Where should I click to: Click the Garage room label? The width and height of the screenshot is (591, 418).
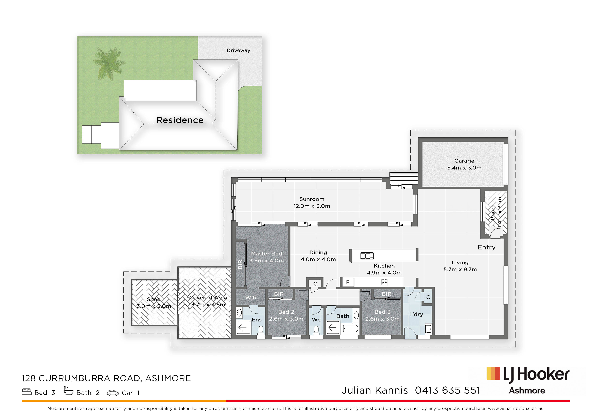(x=464, y=161)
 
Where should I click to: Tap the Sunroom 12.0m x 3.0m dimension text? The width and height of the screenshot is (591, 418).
(x=312, y=206)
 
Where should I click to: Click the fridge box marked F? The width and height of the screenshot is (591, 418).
(x=348, y=282)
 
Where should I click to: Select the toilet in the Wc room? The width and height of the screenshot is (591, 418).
(x=316, y=330)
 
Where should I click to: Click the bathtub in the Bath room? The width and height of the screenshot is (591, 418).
(x=350, y=329)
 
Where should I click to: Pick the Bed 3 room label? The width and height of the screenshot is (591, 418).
(x=382, y=312)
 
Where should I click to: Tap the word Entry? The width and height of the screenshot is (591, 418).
(x=487, y=247)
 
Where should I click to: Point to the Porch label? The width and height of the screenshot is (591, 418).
(x=493, y=212)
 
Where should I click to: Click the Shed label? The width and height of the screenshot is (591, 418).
(x=154, y=299)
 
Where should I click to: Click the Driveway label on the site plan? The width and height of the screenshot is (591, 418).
(x=238, y=50)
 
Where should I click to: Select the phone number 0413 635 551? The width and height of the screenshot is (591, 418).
(x=448, y=391)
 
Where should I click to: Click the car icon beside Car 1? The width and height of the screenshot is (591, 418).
(x=113, y=393)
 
